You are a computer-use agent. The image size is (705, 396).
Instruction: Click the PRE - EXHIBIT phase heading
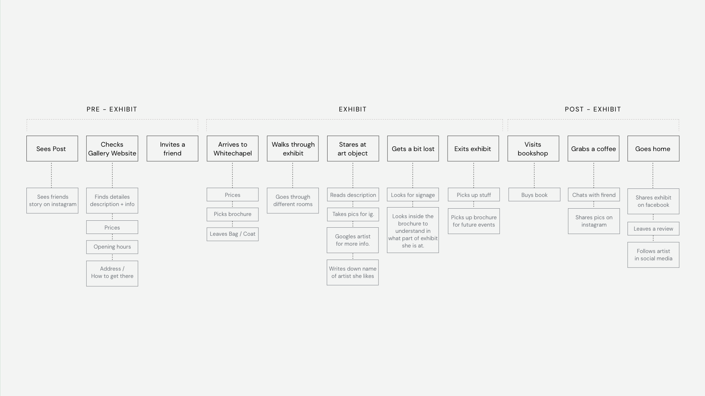tap(112, 109)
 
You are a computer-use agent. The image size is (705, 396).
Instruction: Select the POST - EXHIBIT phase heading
tap(593, 109)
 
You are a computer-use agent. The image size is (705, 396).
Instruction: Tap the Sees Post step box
tap(52, 148)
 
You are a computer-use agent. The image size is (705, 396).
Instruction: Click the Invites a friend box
tap(173, 148)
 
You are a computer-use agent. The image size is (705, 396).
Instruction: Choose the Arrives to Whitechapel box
tap(232, 148)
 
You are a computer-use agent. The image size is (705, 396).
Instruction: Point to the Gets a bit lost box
tap(413, 148)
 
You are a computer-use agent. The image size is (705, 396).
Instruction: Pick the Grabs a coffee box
tap(593, 148)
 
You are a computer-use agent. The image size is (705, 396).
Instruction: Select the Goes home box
tap(653, 148)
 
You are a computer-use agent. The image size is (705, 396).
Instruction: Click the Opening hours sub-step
tap(112, 247)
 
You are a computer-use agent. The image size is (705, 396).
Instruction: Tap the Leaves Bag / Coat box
tap(232, 234)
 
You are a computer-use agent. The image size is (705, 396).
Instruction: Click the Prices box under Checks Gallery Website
tap(112, 227)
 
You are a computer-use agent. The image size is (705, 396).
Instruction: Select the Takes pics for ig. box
tap(353, 214)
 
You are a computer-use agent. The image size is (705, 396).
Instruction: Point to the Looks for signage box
tap(413, 195)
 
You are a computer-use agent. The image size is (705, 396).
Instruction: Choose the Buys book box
tap(534, 195)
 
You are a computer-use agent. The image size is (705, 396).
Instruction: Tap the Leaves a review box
tap(653, 229)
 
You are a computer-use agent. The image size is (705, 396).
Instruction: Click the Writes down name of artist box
tap(353, 272)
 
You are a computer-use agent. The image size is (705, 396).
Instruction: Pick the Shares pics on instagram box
tap(594, 221)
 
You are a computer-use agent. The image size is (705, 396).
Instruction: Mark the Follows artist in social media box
tap(653, 255)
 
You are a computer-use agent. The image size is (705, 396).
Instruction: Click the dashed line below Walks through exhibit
tap(293, 175)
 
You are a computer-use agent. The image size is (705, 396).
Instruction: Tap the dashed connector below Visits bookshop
tap(534, 175)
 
